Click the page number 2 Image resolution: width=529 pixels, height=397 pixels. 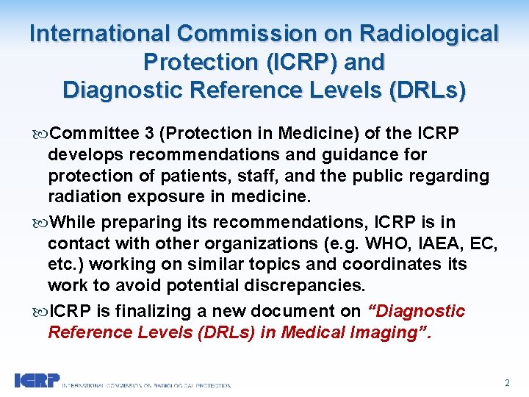[x=507, y=383]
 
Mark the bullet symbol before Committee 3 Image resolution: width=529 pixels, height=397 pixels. [x=39, y=134]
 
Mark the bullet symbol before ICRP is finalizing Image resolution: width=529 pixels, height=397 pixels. [x=39, y=312]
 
